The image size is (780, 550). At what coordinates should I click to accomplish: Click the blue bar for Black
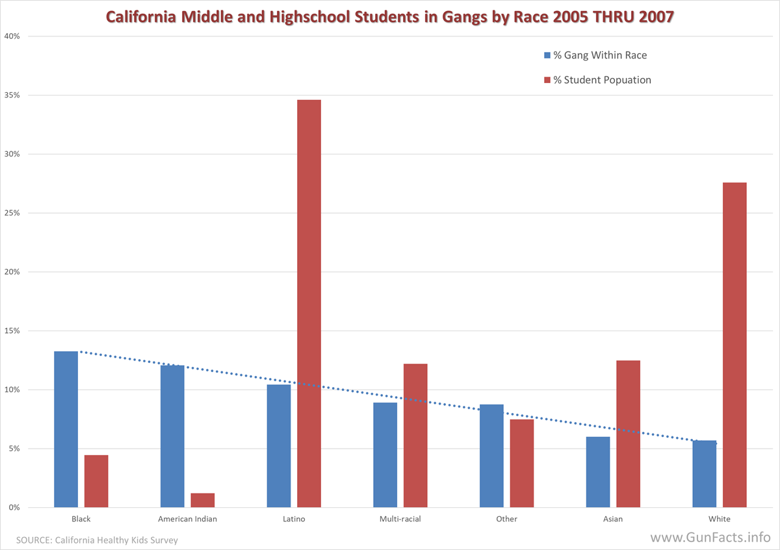click(66, 429)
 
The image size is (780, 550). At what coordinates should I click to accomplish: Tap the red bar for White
click(734, 345)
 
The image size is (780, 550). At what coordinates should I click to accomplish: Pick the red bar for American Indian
click(202, 501)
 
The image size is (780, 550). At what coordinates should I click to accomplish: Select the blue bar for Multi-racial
click(385, 455)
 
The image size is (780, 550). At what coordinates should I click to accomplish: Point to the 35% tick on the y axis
click(12, 95)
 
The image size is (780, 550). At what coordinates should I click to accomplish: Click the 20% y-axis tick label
click(12, 272)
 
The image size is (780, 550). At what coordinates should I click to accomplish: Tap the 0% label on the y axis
click(14, 508)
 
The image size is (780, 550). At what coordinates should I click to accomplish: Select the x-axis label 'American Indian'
click(187, 519)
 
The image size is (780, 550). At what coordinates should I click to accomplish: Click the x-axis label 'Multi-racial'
click(400, 519)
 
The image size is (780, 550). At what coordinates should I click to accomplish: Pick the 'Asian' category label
click(613, 519)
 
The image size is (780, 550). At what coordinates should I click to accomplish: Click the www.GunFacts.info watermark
click(710, 538)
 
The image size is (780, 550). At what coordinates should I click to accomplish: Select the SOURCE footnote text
click(97, 540)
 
